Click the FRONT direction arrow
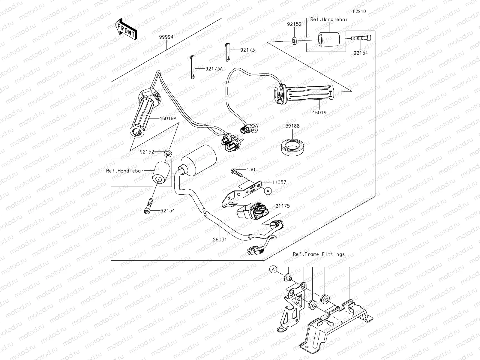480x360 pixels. [125, 29]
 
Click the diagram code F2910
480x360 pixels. [359, 11]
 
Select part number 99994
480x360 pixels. [166, 36]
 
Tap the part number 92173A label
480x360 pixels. [214, 69]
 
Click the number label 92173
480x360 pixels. [247, 50]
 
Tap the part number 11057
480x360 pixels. [279, 182]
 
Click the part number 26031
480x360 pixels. [220, 240]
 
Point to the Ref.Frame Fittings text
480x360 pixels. [319, 254]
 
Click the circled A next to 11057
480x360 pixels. [268, 190]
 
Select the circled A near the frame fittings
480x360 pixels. [273, 269]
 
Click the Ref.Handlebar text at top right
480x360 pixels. [329, 19]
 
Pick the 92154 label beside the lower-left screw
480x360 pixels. [167, 211]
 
